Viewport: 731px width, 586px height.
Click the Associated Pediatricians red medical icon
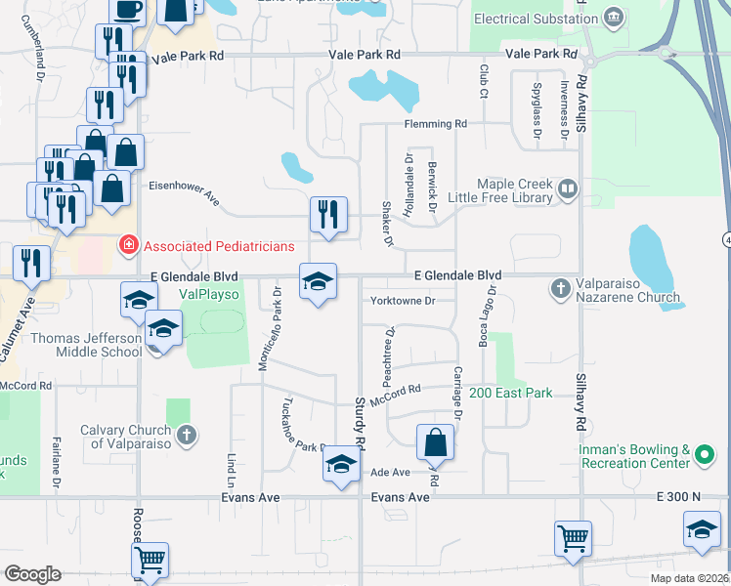(127, 244)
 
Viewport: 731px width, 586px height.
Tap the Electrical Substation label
(536, 19)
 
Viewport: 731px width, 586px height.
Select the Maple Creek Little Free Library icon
(569, 187)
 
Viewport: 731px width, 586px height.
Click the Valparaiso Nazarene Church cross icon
(561, 288)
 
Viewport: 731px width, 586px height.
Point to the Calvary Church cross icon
(186, 433)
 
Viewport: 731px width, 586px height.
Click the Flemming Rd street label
(437, 125)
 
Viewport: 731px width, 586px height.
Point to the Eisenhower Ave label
(185, 191)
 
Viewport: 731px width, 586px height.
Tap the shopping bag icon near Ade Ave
(436, 442)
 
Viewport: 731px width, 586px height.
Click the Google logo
(32, 573)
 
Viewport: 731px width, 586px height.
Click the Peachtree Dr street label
(390, 346)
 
